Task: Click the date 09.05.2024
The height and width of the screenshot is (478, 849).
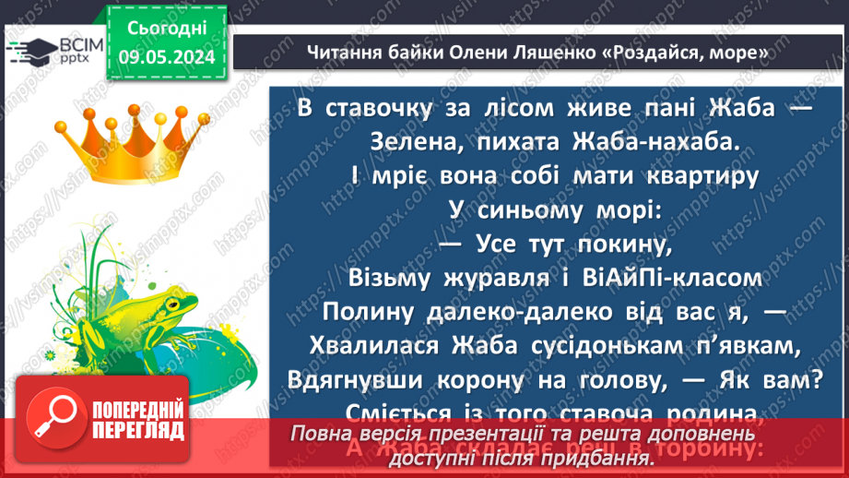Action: pos(166,56)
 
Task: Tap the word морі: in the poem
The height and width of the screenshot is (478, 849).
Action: pos(622,210)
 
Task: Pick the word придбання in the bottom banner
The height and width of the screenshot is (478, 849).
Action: pos(590,456)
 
